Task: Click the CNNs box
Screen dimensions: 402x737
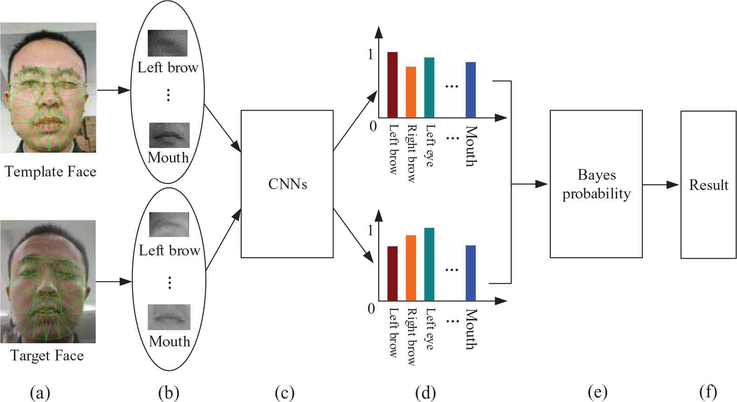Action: point(287,184)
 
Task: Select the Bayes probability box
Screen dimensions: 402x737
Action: point(596,184)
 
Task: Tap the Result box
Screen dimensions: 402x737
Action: point(708,184)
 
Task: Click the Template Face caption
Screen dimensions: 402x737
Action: point(50,172)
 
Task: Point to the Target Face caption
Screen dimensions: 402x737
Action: point(47,356)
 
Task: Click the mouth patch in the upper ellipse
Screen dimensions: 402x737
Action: point(169,135)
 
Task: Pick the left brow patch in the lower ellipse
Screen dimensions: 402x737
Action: point(169,225)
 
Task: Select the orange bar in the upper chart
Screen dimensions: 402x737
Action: point(410,92)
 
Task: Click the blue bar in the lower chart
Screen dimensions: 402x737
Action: point(471,273)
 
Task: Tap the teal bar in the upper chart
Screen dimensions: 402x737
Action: point(429,87)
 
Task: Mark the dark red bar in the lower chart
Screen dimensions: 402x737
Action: point(392,274)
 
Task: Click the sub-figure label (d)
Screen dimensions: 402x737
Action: point(425,393)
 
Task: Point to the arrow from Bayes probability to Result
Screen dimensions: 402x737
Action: point(661,184)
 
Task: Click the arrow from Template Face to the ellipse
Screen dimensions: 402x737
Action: point(113,90)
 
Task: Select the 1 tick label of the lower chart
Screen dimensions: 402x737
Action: point(371,231)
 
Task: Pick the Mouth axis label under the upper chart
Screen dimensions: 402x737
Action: point(471,146)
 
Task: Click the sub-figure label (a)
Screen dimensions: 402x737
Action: point(40,393)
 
